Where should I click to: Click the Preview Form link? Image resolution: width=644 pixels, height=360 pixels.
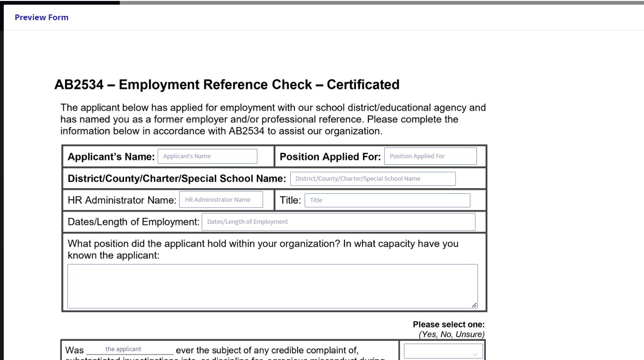tap(42, 18)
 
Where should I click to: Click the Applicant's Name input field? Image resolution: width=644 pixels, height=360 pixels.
tap(207, 156)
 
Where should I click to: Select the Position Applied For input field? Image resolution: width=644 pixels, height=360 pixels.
tap(430, 156)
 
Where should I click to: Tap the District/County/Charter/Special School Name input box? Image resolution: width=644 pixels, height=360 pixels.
tap(373, 178)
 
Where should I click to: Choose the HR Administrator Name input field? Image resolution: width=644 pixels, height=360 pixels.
tap(221, 200)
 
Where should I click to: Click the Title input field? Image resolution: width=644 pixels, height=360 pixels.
tap(387, 200)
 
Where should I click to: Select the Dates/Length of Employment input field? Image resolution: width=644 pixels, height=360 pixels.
tap(338, 222)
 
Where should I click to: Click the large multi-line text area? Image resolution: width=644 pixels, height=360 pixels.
tap(272, 286)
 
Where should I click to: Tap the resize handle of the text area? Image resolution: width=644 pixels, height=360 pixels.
tap(475, 305)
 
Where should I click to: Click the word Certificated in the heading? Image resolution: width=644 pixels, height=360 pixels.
tap(363, 85)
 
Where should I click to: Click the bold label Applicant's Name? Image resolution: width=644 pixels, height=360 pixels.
tap(111, 157)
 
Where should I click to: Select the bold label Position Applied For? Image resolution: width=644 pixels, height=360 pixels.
tap(330, 157)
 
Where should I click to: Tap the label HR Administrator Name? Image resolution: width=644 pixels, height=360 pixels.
tap(122, 200)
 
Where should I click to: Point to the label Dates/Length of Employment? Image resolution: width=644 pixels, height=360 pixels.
tap(133, 222)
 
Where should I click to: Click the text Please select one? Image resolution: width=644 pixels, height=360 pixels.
tap(448, 324)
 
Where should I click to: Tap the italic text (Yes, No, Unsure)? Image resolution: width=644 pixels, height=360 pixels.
tap(451, 334)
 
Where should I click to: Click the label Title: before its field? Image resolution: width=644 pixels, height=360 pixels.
tap(290, 200)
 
